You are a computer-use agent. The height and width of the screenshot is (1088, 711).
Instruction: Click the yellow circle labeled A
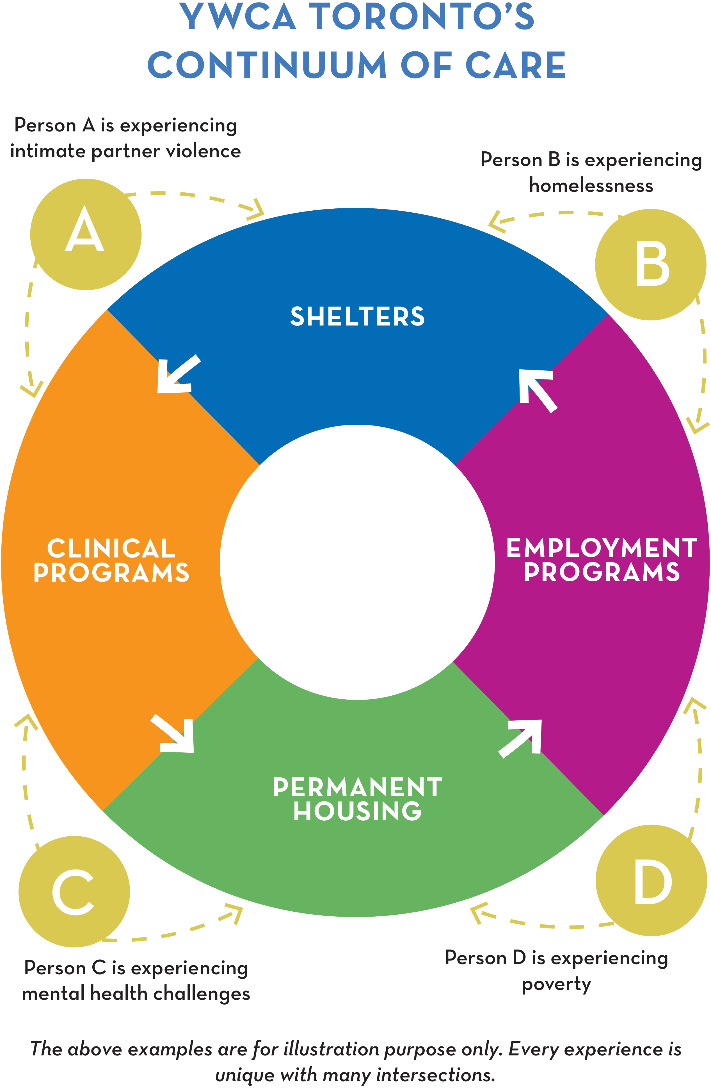[x=85, y=234]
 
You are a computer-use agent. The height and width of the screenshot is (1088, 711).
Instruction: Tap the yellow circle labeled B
[x=651, y=264]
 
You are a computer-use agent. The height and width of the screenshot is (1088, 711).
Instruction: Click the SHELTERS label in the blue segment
[x=357, y=316]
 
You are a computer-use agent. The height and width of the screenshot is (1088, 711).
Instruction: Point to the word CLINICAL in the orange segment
[x=111, y=548]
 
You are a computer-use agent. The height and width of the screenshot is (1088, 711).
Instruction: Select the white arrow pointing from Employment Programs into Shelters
[x=537, y=389]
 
